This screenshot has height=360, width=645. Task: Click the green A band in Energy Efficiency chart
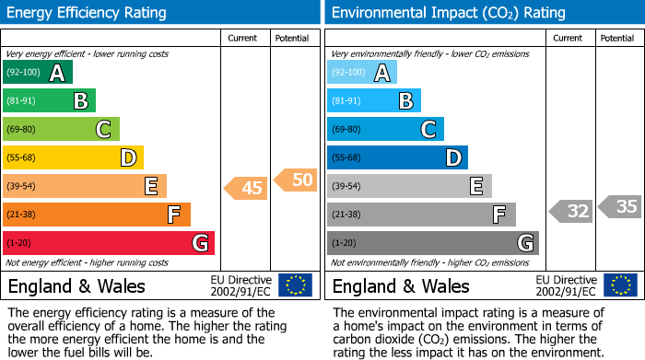tap(37, 73)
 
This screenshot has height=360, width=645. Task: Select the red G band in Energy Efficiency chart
tap(109, 243)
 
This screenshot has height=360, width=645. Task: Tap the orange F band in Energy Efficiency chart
tap(97, 215)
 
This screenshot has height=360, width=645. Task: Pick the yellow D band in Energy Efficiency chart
tap(73, 157)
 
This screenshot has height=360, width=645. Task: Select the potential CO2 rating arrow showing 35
tap(621, 206)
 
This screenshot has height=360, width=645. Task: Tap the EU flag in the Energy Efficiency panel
tap(295, 285)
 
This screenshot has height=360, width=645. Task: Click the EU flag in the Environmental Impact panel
tap(619, 285)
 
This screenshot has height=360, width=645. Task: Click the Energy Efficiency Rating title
tap(88, 13)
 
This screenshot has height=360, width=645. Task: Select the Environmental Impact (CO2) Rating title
tap(448, 13)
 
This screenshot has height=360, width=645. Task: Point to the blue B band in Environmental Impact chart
tap(374, 100)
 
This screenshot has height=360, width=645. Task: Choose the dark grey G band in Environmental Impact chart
tap(433, 243)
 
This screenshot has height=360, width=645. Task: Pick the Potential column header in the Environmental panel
tap(617, 38)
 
